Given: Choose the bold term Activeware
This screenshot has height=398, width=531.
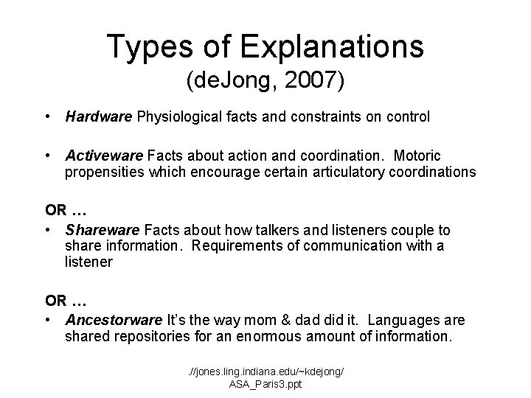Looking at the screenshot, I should pos(104,156).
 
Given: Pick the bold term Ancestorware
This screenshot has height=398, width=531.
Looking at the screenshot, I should pos(114,320).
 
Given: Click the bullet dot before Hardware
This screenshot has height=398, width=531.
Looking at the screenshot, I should pos(47,116).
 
